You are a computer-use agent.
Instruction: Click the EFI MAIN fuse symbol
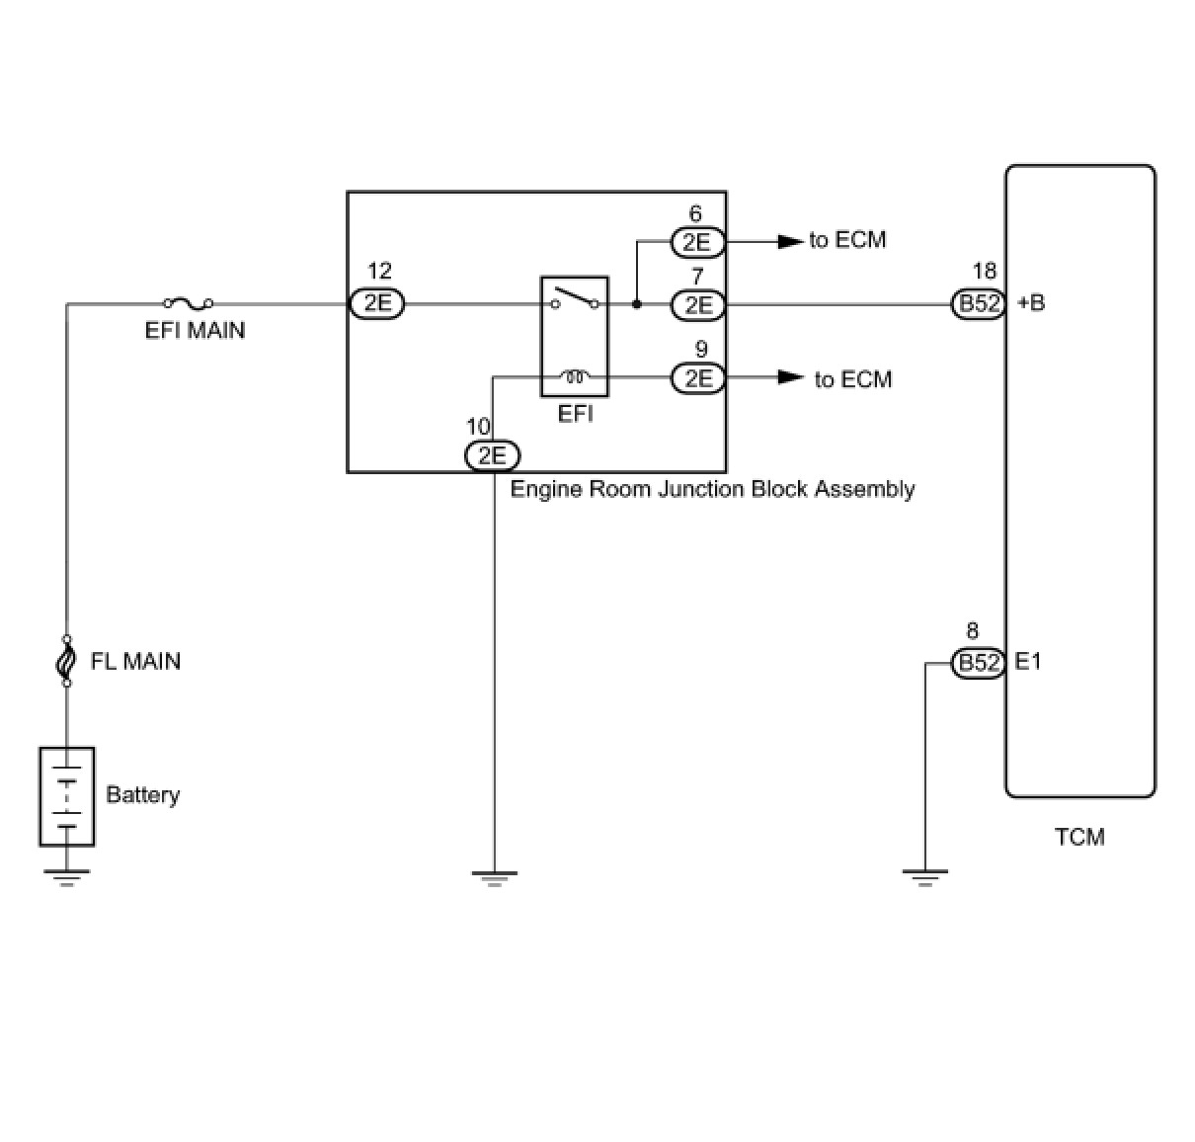(x=188, y=302)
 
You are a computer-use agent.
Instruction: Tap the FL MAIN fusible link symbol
(x=66, y=660)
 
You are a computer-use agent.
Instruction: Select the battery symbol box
(x=66, y=796)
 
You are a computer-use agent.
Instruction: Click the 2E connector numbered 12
(x=377, y=303)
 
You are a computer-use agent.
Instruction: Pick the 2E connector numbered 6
(x=697, y=241)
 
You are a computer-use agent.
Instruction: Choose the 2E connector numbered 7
(x=697, y=304)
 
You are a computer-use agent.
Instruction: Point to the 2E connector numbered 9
(x=697, y=377)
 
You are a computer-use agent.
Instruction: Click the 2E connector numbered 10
(x=492, y=455)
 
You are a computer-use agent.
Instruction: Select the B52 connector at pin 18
(x=979, y=303)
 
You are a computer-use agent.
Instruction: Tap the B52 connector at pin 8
(x=979, y=663)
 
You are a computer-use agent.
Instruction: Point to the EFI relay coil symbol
(x=574, y=375)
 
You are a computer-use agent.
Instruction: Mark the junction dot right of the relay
(x=636, y=304)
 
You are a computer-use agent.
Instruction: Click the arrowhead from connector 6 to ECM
(x=790, y=241)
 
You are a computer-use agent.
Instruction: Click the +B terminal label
(x=1030, y=303)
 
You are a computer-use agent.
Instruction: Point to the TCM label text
(x=1079, y=838)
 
